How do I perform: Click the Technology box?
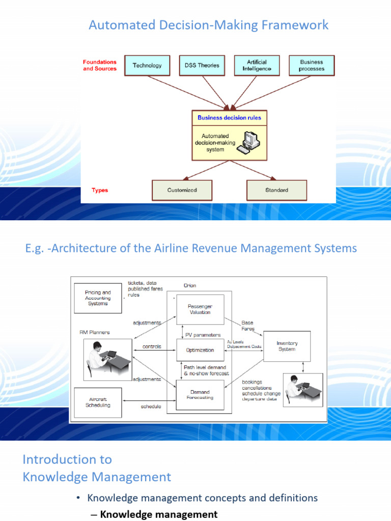coord(147,65)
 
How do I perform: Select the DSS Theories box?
coord(202,65)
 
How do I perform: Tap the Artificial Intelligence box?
coord(257,65)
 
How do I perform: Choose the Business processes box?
coord(312,65)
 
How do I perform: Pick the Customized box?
coord(182,190)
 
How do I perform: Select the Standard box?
coord(276,190)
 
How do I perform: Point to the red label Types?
coord(100,190)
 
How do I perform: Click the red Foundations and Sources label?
coord(100,65)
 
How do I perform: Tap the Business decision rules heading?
coord(229,118)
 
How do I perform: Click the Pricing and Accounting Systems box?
coord(98,298)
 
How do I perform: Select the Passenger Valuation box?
coord(200,309)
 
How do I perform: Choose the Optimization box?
coord(200,350)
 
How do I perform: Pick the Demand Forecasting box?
coord(200,395)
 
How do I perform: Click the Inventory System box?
coord(287,346)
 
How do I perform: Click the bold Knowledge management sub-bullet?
coord(158,514)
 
